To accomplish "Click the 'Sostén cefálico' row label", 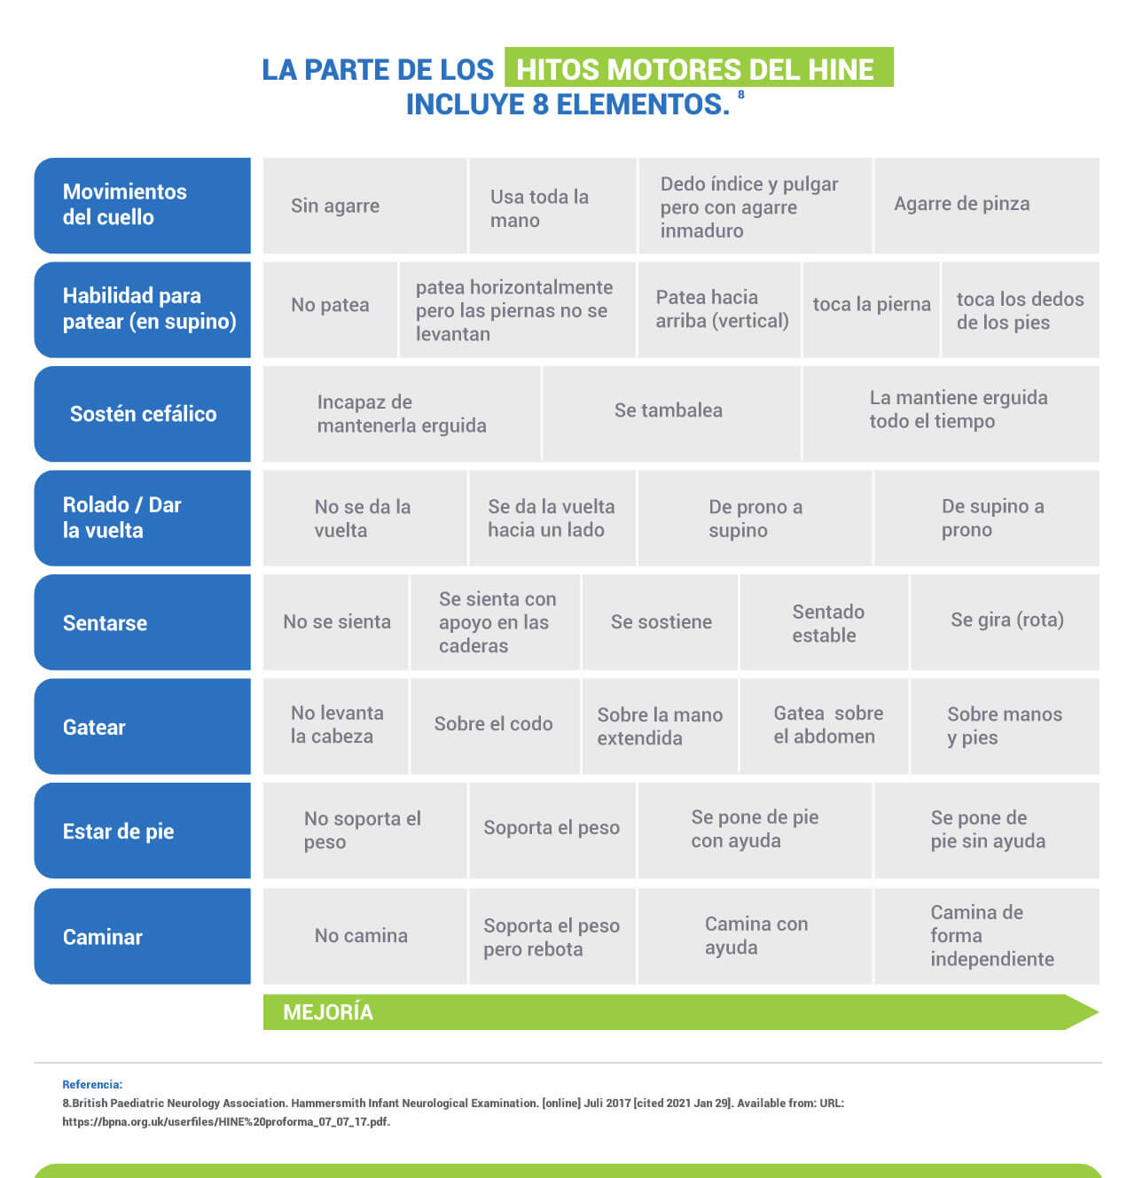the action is [143, 413].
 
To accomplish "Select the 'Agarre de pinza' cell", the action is [987, 206].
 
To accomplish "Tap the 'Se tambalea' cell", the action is [671, 413].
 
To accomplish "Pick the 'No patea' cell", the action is [330, 309].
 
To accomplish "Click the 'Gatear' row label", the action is [143, 727].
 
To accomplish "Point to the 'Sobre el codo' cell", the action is [495, 727].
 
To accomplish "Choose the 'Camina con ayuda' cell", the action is [755, 936].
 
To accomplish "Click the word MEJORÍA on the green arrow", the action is [328, 1012].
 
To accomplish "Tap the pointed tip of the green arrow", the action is [1099, 1012].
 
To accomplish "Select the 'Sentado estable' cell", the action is [824, 622].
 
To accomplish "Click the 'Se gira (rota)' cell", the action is [1006, 622].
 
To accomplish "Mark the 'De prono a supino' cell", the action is [755, 519].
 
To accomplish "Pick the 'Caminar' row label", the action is [143, 936].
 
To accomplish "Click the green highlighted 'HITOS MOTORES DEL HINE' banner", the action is [699, 67].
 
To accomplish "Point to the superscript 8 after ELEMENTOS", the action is [740, 95].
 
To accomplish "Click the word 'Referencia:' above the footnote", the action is [92, 1084].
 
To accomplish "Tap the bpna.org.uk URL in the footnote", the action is [226, 1121].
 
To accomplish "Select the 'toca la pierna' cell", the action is [871, 309].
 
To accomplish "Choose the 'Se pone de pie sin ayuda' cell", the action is [987, 831].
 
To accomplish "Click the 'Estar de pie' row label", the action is [143, 831].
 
